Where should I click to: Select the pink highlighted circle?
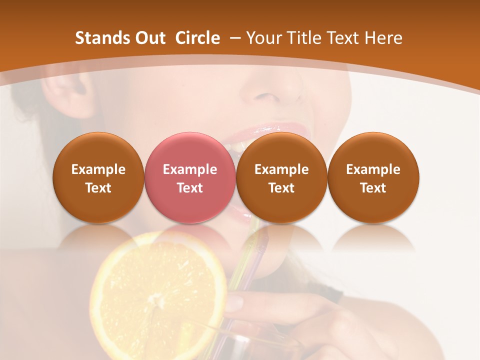190,178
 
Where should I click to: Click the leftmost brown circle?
98,178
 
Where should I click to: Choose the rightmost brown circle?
373,178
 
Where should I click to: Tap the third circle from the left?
281,178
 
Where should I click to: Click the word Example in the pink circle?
190,169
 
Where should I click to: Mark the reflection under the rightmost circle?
373,237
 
